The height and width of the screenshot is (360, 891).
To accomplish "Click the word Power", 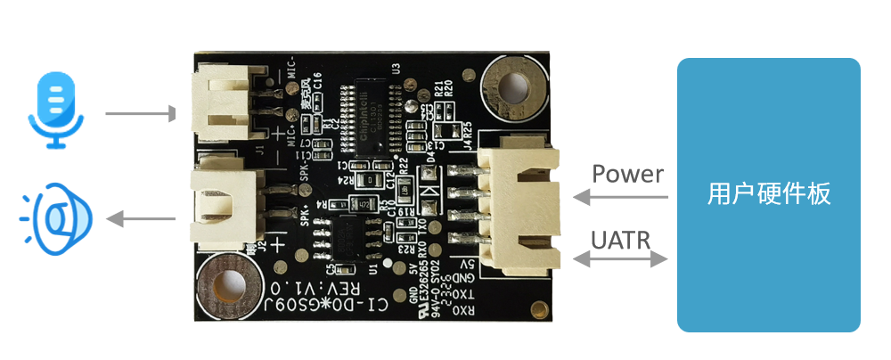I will point(627,173).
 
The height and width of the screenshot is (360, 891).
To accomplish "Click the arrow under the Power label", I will point(620,195).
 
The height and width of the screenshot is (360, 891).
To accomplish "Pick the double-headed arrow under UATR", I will point(620,259).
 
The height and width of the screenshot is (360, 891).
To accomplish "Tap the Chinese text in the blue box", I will point(768,193).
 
